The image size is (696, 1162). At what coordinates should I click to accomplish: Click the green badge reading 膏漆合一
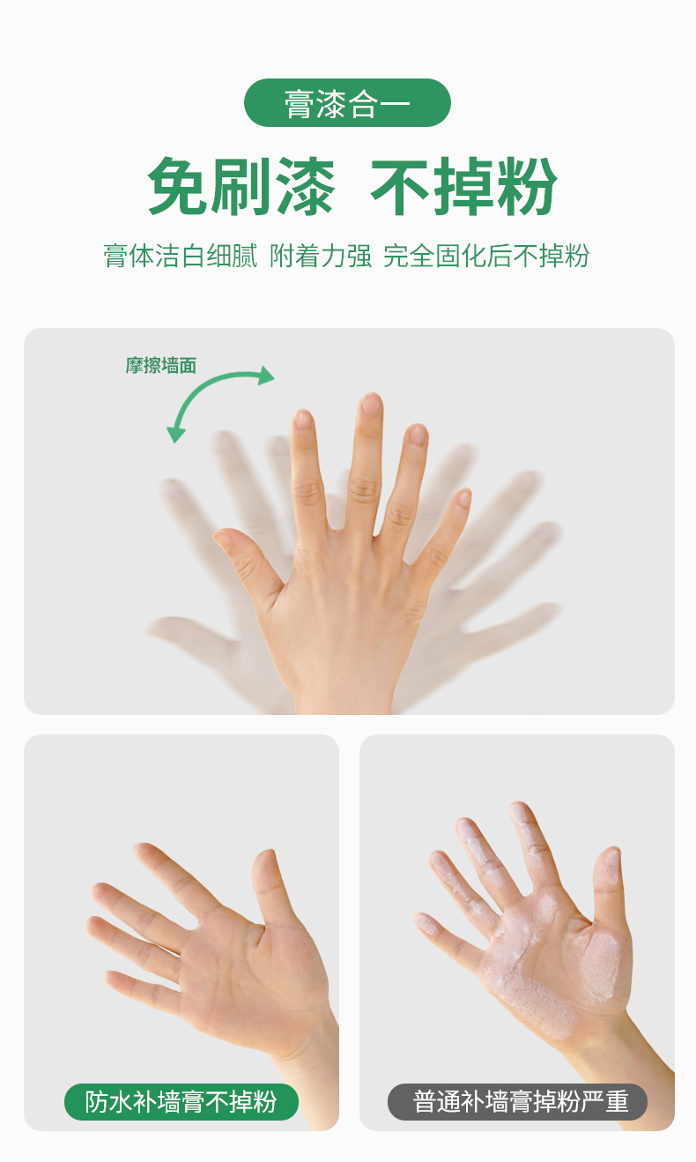click(x=347, y=103)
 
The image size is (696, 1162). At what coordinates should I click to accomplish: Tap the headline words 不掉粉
click(x=463, y=187)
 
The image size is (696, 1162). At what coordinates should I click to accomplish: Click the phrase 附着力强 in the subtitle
click(x=321, y=256)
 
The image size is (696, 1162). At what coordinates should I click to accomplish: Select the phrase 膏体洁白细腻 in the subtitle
click(x=181, y=256)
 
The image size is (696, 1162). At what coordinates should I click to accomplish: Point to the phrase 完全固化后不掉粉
click(x=486, y=256)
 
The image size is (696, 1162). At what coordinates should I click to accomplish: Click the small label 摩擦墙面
click(x=161, y=366)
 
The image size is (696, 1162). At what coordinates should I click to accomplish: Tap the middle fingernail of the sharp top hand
click(x=370, y=404)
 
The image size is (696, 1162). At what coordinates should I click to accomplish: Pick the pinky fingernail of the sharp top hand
click(x=463, y=497)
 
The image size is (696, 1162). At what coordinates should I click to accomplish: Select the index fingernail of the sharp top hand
click(x=302, y=421)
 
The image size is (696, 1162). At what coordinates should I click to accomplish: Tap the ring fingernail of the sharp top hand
click(x=418, y=435)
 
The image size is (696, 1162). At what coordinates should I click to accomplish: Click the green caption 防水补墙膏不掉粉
click(x=181, y=1102)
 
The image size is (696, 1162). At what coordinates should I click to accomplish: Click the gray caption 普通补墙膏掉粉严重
click(x=518, y=1102)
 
